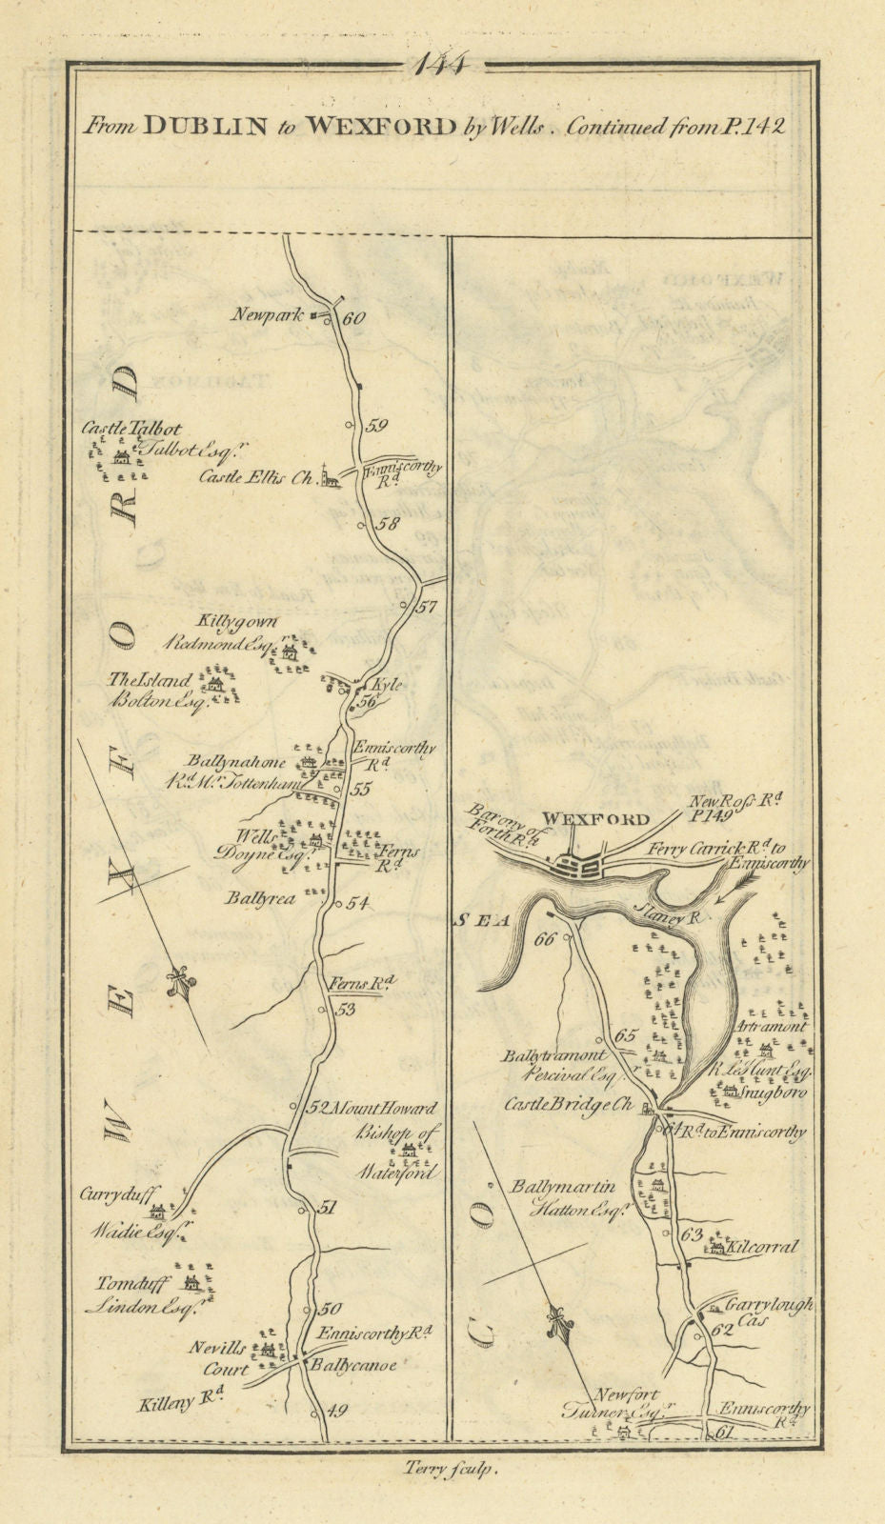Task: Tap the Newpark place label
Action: (268, 313)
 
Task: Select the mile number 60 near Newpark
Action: (352, 320)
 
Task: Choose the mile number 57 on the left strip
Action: (427, 607)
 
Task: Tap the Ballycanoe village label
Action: (351, 1365)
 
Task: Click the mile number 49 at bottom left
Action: (336, 1412)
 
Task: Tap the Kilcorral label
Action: (760, 1247)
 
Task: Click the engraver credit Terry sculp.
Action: (445, 1471)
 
